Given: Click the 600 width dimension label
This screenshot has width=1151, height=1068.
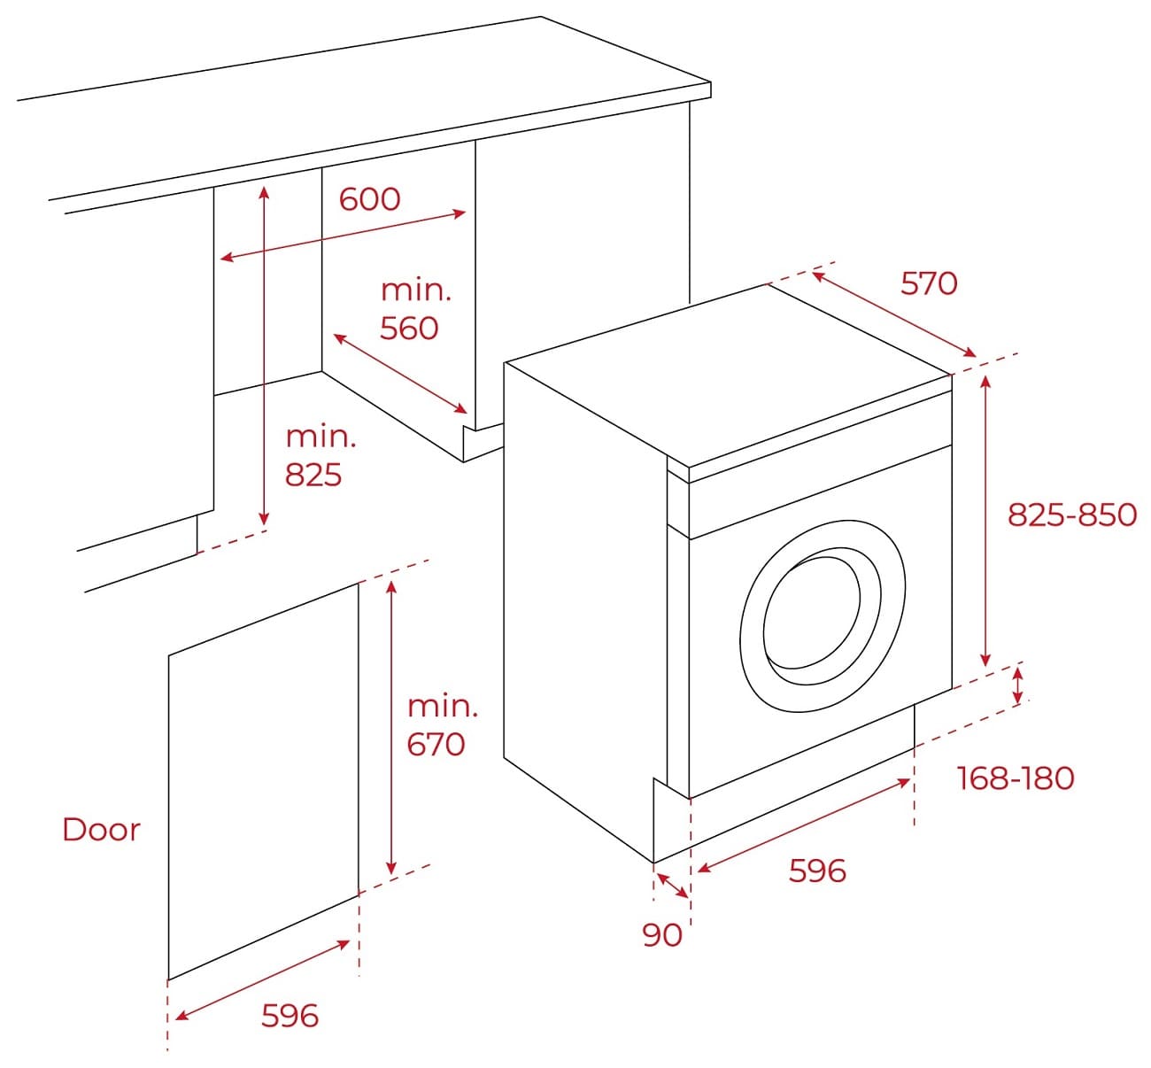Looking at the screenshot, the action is pyautogui.click(x=369, y=199).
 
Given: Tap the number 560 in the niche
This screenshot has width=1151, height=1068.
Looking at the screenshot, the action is pyautogui.click(x=409, y=329).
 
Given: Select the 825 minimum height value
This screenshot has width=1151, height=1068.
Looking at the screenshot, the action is pyautogui.click(x=313, y=475).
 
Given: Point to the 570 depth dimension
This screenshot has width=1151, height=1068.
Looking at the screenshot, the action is pyautogui.click(x=929, y=283).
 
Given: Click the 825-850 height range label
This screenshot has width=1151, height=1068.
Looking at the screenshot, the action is pyautogui.click(x=1072, y=515).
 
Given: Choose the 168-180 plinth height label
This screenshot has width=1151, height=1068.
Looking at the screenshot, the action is pyautogui.click(x=1016, y=778).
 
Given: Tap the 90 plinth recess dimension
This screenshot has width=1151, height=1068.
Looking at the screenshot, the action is pyautogui.click(x=662, y=934).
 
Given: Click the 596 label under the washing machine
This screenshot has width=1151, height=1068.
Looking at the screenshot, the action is pyautogui.click(x=817, y=871).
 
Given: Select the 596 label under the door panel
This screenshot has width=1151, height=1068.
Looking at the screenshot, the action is pyautogui.click(x=290, y=1015).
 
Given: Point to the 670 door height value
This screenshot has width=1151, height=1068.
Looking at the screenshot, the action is pyautogui.click(x=436, y=744).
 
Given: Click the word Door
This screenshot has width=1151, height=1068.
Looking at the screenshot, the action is pyautogui.click(x=102, y=829).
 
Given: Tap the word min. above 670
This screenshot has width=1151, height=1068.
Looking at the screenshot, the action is pyautogui.click(x=442, y=706).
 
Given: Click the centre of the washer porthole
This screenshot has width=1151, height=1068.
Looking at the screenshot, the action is pyautogui.click(x=823, y=615).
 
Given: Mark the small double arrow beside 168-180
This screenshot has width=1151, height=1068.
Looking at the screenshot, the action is pyautogui.click(x=1017, y=686).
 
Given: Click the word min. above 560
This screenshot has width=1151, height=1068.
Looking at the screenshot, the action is pyautogui.click(x=415, y=290).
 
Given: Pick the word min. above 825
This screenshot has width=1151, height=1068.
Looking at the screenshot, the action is pyautogui.click(x=321, y=436).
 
